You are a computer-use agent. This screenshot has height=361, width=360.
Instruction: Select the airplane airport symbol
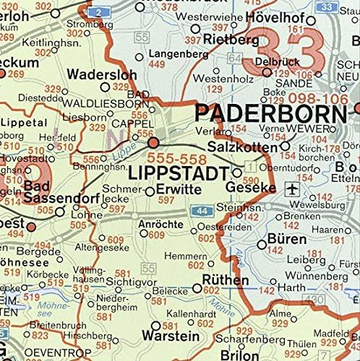tap(292, 189)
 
